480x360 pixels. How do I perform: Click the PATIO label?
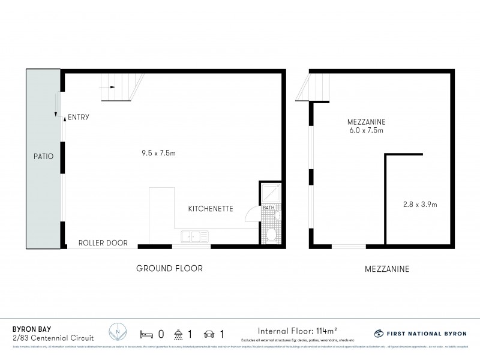coord(43,157)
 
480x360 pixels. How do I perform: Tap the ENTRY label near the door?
coord(79,118)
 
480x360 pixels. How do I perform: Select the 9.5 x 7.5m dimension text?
coord(155,154)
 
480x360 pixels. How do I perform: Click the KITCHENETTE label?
coord(210,209)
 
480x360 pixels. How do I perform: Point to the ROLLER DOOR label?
coord(103,243)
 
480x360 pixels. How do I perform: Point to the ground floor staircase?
coord(122,87)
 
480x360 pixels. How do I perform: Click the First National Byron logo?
coord(420,333)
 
